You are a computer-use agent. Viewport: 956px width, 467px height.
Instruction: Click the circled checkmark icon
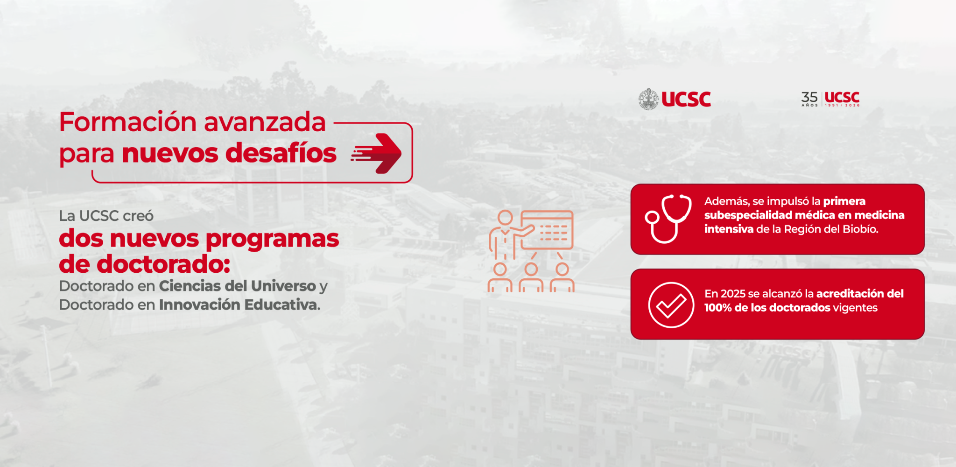(671, 305)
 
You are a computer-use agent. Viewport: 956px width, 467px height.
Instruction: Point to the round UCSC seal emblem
(649, 99)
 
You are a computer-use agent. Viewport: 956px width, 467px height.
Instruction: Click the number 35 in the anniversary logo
(809, 97)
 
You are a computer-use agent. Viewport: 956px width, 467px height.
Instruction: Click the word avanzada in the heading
(265, 123)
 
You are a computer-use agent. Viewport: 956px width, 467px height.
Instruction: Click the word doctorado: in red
(163, 264)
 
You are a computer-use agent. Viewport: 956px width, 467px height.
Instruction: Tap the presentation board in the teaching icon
(547, 230)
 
